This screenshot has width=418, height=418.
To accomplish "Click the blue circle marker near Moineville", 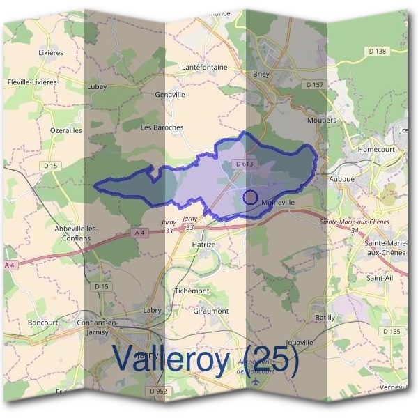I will [x=251, y=197].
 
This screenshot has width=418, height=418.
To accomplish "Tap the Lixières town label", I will [x=51, y=52].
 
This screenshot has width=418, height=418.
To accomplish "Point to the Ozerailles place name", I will [x=67, y=130].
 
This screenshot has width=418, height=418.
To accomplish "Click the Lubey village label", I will [x=97, y=87].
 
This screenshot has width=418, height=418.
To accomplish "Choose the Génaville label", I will [x=170, y=94].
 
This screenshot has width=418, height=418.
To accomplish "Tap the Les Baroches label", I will [x=162, y=127].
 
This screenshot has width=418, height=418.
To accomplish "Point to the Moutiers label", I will [x=321, y=120].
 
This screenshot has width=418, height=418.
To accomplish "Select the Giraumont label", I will [x=212, y=311].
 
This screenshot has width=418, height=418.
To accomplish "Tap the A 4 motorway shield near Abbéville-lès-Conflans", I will [x=140, y=232].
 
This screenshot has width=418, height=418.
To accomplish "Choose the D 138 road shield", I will [x=394, y=52].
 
